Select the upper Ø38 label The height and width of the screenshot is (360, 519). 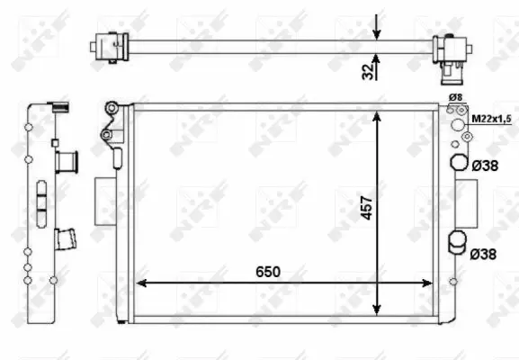coord(484,166)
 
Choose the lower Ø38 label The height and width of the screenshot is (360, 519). coord(484,255)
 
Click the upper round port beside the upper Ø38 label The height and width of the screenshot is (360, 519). coord(458,164)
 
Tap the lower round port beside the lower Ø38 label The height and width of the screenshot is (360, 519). coord(458,240)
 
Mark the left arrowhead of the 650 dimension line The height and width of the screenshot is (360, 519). coord(140,283)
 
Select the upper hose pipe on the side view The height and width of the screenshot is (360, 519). coord(67,162)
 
